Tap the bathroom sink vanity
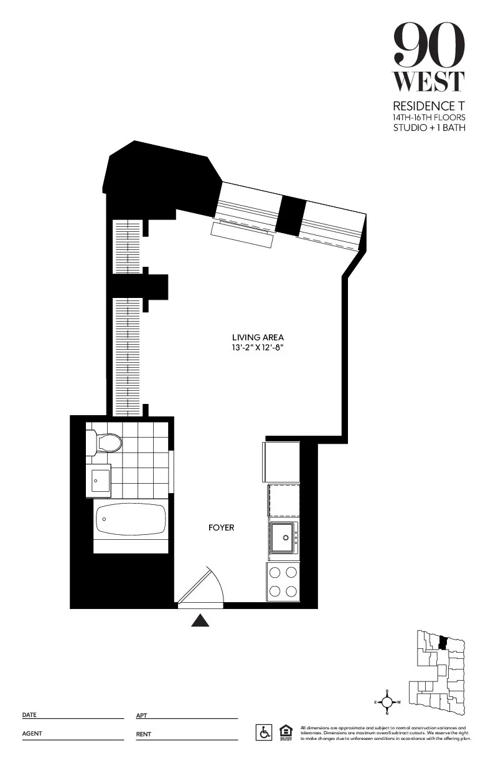pos(100,479)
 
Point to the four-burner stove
pos(283,582)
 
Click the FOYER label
pos(221,528)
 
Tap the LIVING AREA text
pos(258,337)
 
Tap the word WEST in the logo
pos(429,82)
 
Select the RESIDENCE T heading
pos(429,107)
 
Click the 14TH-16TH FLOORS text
pos(429,117)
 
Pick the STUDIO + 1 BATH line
pos(429,128)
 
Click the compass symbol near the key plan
pos(387,702)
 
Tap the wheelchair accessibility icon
pos(264,732)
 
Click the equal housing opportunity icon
pos(286,732)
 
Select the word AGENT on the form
pos(32,734)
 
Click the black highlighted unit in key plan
pos(443,643)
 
